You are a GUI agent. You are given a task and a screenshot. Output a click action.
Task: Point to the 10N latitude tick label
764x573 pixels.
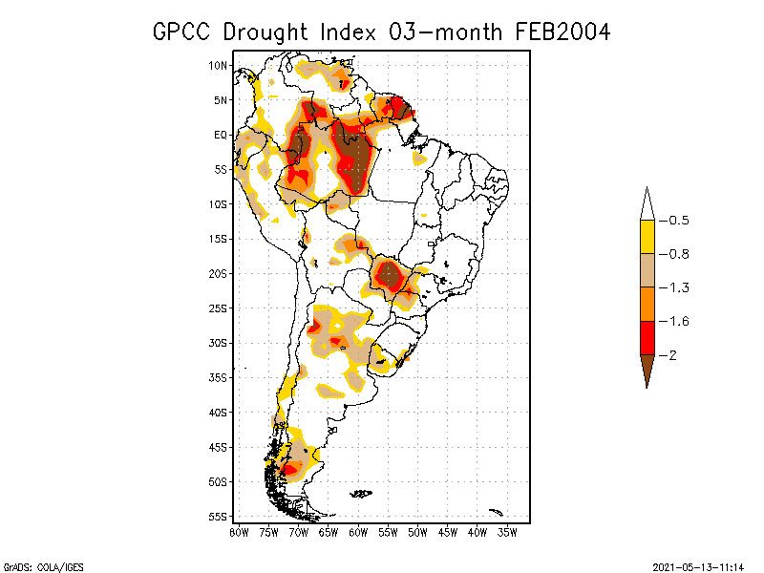pos(219,65)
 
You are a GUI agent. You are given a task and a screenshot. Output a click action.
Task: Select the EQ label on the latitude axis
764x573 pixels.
pos(221,135)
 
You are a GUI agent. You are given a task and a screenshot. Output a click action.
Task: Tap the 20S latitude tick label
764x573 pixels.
pos(219,273)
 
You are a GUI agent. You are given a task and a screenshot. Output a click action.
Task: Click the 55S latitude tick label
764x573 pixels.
pos(219,516)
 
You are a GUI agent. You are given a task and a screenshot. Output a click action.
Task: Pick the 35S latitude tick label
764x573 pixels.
pos(219,377)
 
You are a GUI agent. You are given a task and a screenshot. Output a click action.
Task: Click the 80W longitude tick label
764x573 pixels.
pos(239,531)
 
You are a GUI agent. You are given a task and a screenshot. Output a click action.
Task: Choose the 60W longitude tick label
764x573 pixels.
pos(358,531)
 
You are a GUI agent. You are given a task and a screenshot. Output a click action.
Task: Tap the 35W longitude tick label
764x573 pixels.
pos(507,531)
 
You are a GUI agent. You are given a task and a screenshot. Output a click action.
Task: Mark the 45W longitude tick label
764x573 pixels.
pos(448,531)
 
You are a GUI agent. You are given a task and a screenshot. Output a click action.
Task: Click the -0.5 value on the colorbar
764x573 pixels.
pos(678,221)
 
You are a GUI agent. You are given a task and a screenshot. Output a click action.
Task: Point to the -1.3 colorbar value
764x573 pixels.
pos(678,287)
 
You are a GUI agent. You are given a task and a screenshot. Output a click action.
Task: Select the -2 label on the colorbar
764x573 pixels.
pos(672,354)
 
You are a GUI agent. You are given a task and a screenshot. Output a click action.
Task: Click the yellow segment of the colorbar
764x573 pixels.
pos(647,237)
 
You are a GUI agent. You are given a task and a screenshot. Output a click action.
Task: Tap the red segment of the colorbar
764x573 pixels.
pos(647,337)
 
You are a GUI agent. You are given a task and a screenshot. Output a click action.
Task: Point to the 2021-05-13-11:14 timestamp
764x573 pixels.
pos(697,565)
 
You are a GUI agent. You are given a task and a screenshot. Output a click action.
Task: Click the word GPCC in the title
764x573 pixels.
pos(184,32)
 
